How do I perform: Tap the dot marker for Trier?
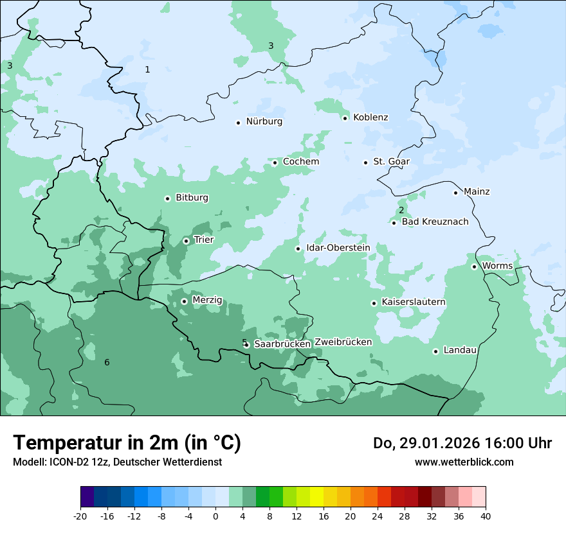click(186, 241)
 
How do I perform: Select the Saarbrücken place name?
click(282, 344)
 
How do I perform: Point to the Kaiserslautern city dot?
click(374, 303)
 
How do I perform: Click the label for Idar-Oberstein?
click(338, 248)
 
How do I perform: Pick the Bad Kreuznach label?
click(435, 222)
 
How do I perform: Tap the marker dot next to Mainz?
click(455, 193)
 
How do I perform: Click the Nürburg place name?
click(264, 121)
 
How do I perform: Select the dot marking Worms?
click(474, 266)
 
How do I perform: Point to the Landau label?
click(460, 351)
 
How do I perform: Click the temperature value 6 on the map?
click(107, 363)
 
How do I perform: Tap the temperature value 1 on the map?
click(147, 69)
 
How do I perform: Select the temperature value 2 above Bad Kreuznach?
click(401, 210)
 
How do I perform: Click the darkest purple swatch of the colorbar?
click(87, 497)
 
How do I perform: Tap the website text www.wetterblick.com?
click(464, 462)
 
